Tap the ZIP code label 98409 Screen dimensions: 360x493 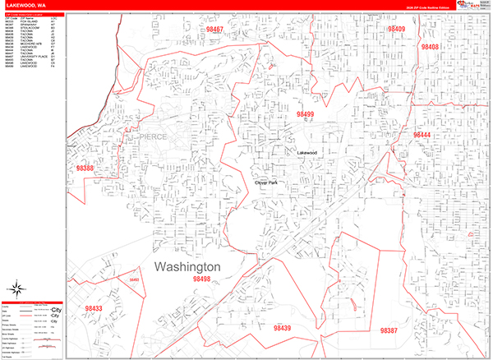click(397, 29)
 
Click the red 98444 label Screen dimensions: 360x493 click(422, 134)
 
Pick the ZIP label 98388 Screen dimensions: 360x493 click(85, 168)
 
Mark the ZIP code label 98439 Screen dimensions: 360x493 click(282, 328)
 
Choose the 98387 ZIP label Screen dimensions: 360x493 click(389, 330)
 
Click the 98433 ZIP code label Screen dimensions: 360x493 click(93, 308)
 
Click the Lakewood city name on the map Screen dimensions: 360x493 click(306, 153)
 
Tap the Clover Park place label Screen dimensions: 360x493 click(266, 182)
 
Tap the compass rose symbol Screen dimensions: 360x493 click(16, 288)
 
